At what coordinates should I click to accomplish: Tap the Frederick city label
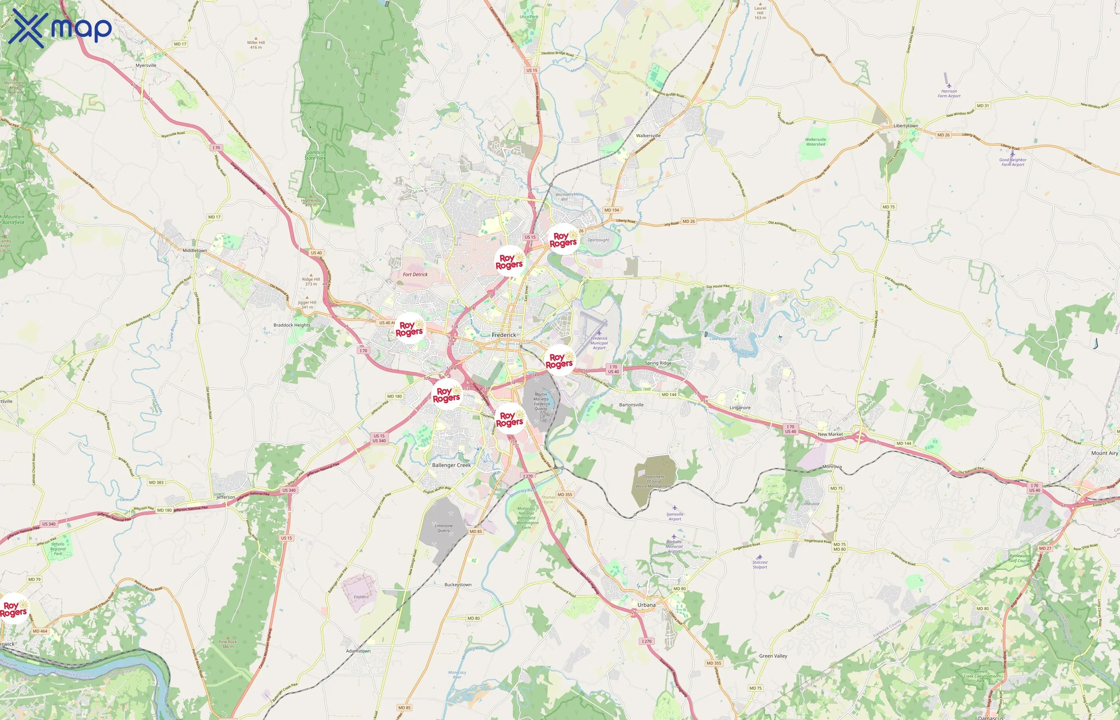click(x=504, y=335)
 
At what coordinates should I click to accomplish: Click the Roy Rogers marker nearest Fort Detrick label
click(x=410, y=328)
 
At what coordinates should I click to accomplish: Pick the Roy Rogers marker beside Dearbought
click(x=563, y=239)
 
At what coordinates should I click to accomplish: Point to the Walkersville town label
click(x=648, y=136)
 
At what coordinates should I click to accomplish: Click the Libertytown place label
click(x=906, y=126)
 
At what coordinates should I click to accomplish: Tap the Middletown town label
click(x=194, y=250)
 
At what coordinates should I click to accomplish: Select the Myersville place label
click(x=146, y=66)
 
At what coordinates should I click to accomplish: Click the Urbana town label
click(x=646, y=605)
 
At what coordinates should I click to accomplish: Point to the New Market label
click(x=830, y=434)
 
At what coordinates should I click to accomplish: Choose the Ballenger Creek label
click(x=451, y=465)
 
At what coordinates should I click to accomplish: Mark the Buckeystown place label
click(x=458, y=585)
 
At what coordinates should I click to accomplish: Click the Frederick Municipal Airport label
click(x=599, y=343)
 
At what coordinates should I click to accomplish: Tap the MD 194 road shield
click(x=612, y=210)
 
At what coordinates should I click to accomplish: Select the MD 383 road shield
click(x=156, y=482)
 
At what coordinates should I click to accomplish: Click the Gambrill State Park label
click(x=315, y=155)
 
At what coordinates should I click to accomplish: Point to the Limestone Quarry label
click(x=444, y=528)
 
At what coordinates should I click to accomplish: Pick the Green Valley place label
click(x=773, y=656)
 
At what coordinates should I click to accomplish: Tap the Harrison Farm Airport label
click(x=949, y=94)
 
